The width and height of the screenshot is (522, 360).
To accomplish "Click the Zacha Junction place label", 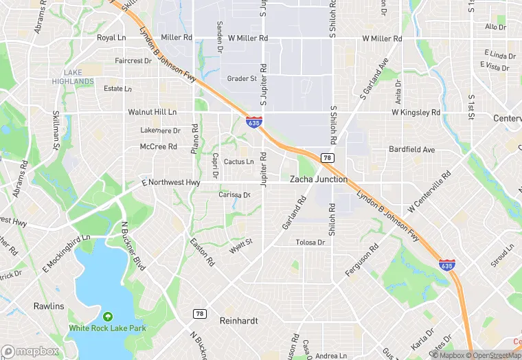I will coord(318,179).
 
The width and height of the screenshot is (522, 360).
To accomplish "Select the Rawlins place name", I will coord(49,306).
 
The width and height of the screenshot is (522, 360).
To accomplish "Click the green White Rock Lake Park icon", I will coord(107,317).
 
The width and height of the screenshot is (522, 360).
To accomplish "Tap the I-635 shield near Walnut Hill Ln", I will coord(254,122).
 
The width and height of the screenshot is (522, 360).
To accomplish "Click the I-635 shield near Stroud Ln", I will coord(446,264).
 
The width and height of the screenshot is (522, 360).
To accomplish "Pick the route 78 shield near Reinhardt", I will coord(200,313).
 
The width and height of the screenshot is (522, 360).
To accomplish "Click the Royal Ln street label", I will coord(111,38).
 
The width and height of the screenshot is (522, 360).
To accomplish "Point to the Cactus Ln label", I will coord(238,162).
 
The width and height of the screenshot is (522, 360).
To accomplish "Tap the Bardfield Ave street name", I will coord(412,149).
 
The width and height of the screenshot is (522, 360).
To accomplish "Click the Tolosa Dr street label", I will coord(310,243).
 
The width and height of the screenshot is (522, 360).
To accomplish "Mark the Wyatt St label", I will coord(241,244).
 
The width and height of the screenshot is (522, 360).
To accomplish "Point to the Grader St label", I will coord(242,79).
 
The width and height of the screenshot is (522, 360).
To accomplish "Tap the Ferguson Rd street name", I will coord(362,261).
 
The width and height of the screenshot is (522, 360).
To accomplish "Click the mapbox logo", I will coord(30,351).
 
